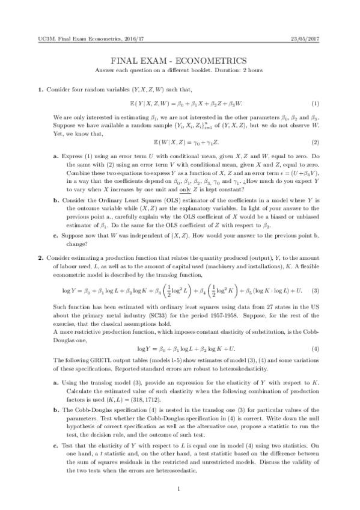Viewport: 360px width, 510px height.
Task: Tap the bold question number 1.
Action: [x=40, y=90]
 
